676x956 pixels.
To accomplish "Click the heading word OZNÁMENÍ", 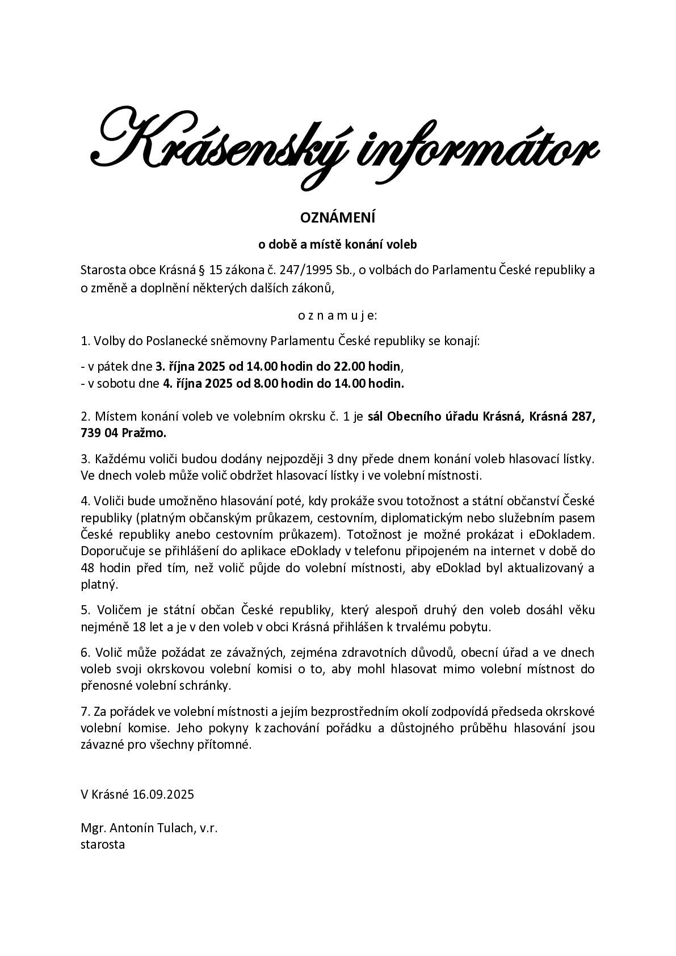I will tap(338, 217).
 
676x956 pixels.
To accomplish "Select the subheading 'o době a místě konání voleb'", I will tap(338, 245).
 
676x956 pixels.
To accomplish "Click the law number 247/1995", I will tap(306, 270).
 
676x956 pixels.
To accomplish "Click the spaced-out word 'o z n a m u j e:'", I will tap(338, 315).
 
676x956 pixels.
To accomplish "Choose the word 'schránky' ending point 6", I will tap(209, 685).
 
